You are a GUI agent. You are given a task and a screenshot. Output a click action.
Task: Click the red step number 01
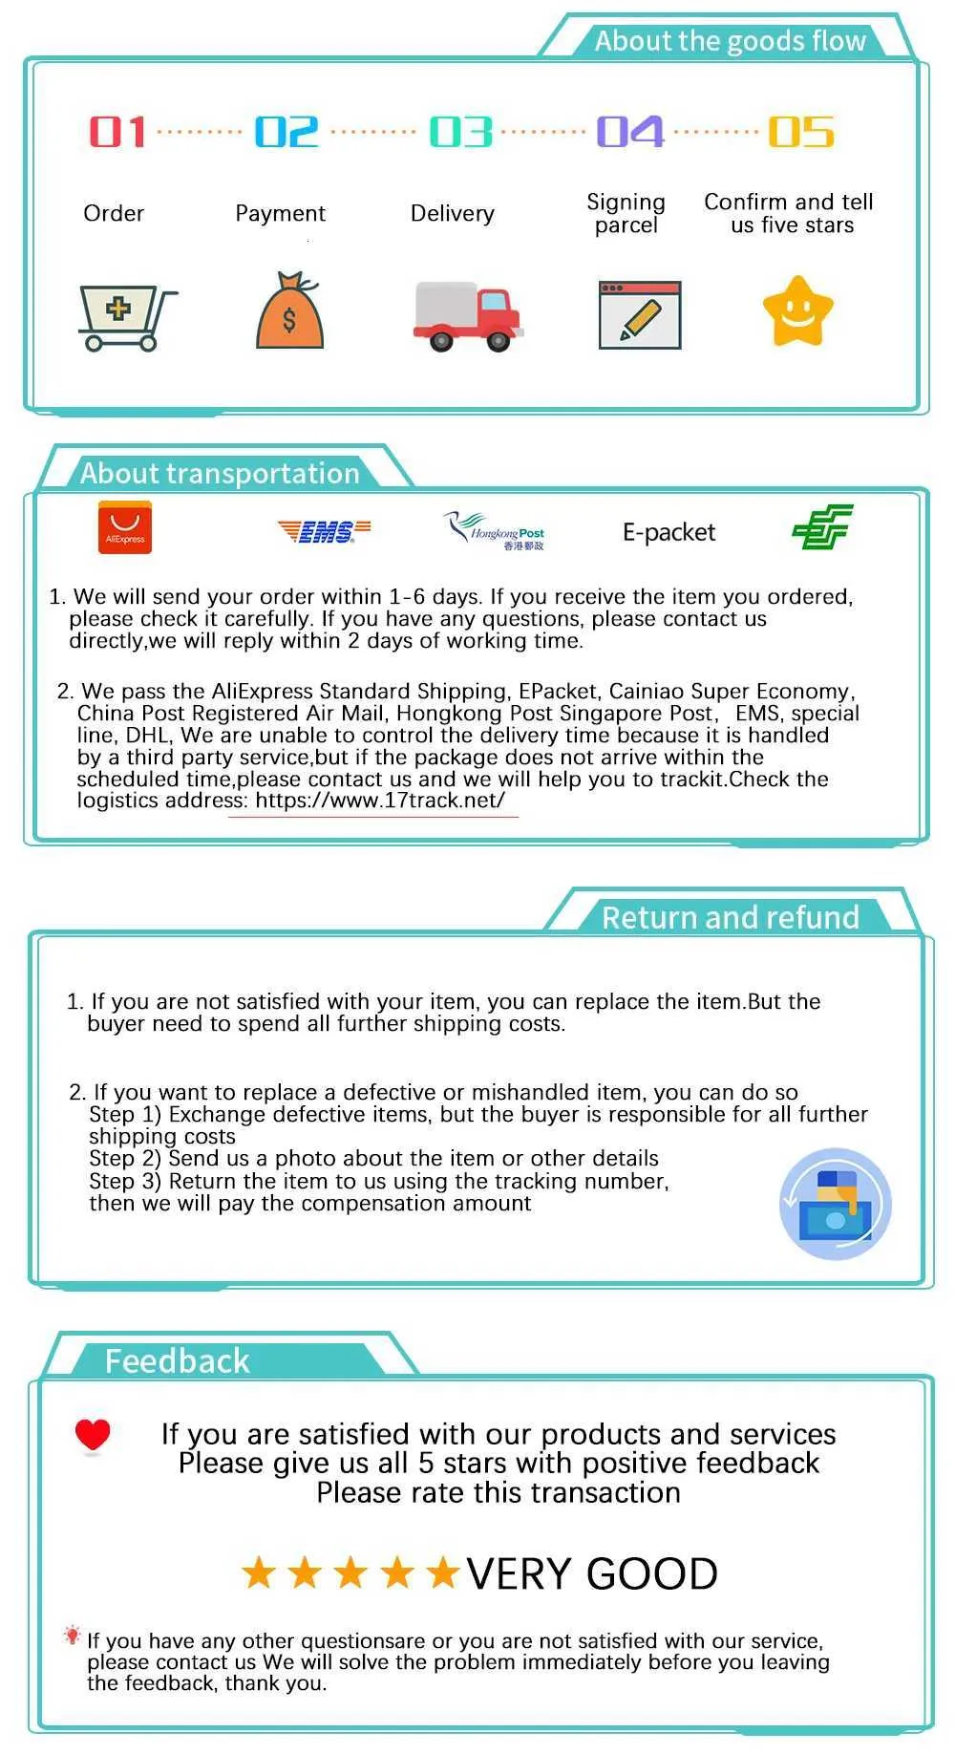coord(117,132)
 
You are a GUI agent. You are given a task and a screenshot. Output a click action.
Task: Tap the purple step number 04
coord(629,132)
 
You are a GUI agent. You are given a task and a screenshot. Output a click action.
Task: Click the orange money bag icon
coord(289,311)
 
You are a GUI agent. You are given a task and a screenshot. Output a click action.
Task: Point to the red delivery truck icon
coord(467,316)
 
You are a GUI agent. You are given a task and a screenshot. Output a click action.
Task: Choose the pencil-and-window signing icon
coord(639,315)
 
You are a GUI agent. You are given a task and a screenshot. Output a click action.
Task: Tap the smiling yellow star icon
coord(797,311)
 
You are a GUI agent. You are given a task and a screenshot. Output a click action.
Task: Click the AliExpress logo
coord(125,529)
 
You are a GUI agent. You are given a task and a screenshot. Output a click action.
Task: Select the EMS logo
coord(324,531)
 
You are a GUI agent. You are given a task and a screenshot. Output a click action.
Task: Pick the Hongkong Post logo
coord(494,531)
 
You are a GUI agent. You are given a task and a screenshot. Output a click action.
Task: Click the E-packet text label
coord(668,532)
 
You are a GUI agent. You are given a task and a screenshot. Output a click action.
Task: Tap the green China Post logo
coord(822,527)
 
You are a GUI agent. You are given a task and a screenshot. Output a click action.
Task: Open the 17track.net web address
coord(380,801)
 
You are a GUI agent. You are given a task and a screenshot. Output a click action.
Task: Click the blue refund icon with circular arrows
coord(836,1204)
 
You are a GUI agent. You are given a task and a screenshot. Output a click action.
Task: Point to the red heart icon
coord(93,1434)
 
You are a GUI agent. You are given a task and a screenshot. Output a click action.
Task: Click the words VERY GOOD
coord(592,1573)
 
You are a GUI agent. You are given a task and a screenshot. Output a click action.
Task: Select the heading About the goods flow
coord(730,41)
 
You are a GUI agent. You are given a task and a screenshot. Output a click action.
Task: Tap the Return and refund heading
coord(730,917)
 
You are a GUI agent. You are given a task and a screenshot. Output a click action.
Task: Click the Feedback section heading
coord(177,1360)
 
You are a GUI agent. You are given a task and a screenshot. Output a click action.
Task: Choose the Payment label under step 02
coord(280,213)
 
